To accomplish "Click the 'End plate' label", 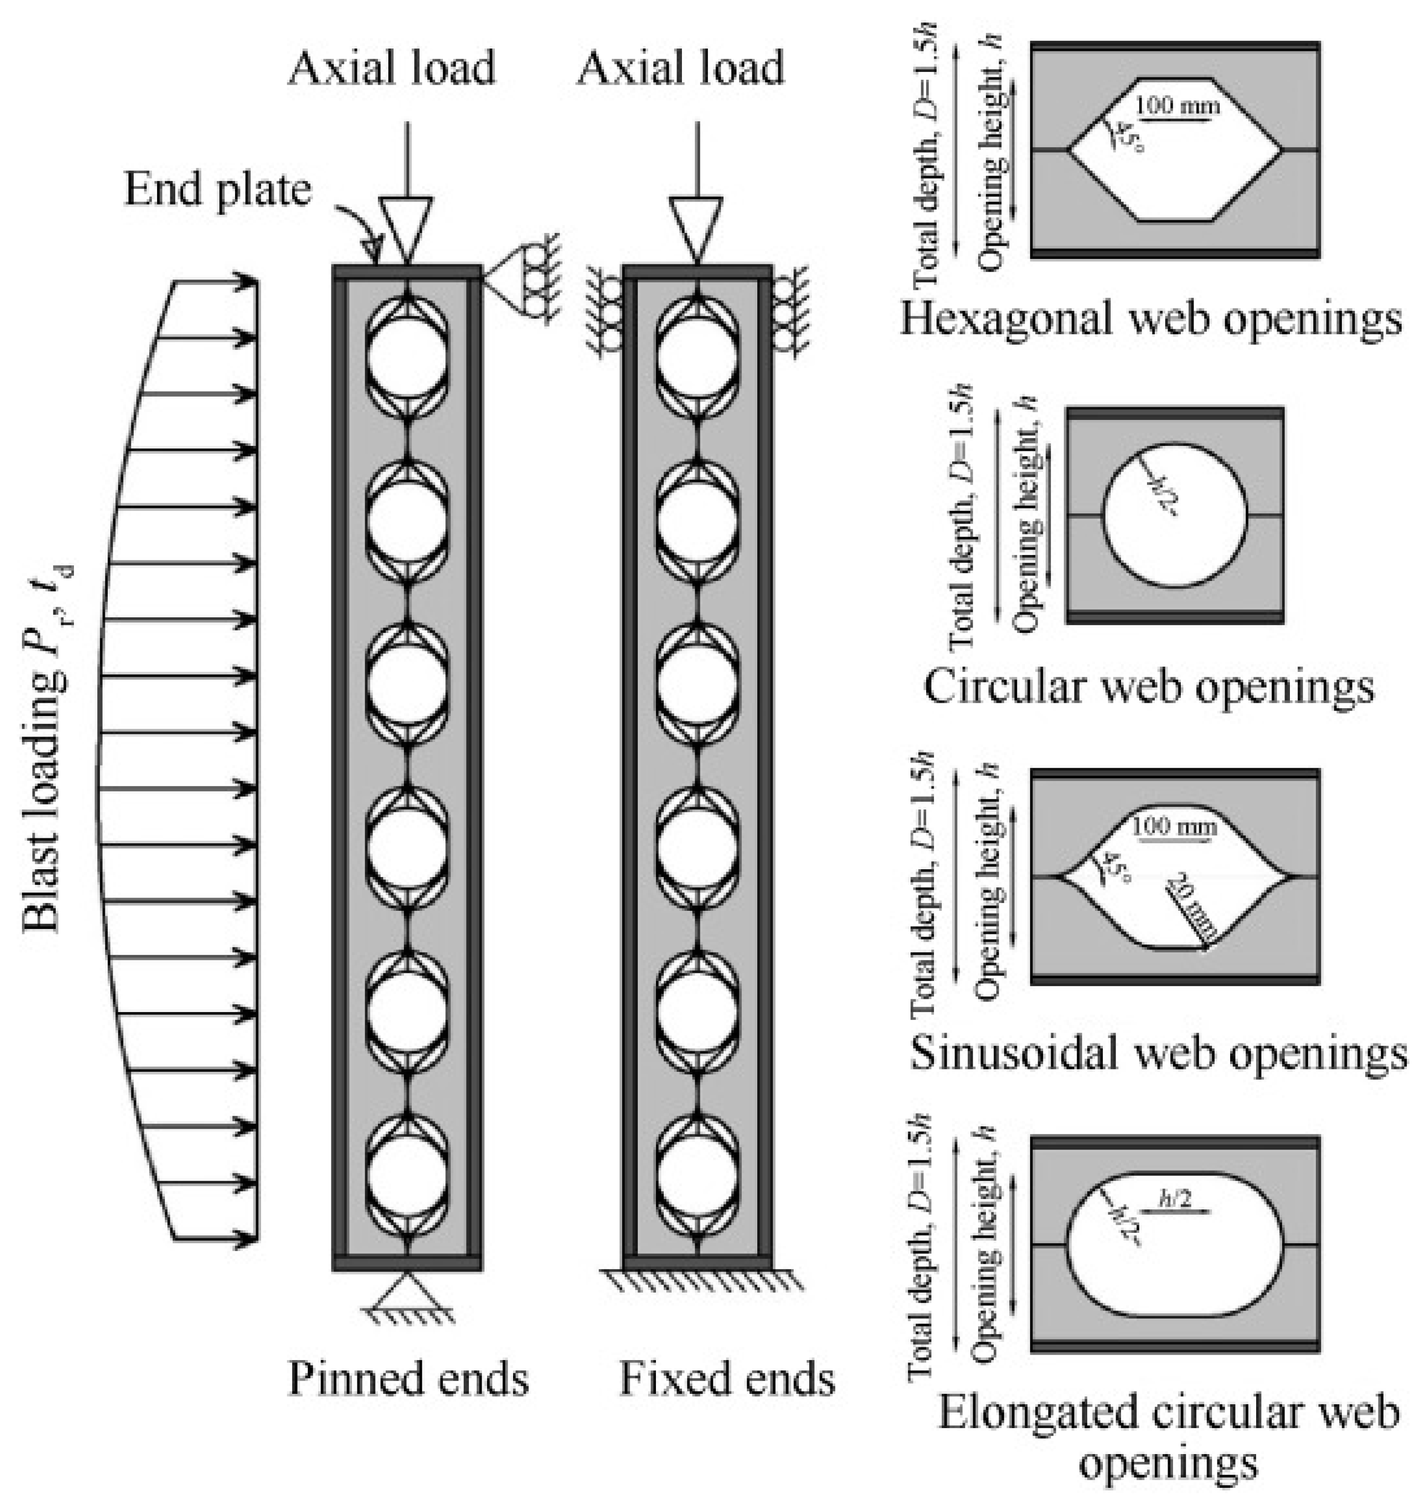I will click(x=217, y=189).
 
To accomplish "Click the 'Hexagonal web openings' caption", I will click(x=1151, y=319).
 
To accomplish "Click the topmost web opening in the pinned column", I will click(x=407, y=356).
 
